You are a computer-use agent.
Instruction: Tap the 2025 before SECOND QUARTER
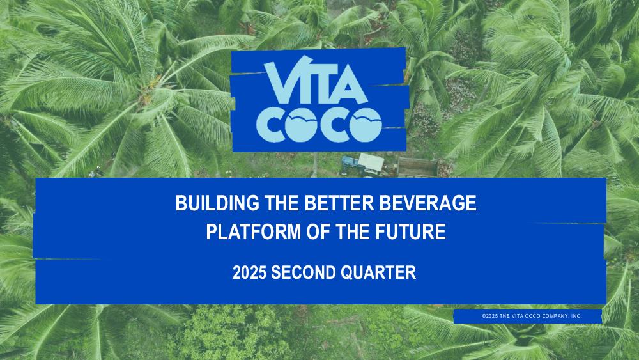[249, 272]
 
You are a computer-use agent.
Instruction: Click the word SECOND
[304, 272]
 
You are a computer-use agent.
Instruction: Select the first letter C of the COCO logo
[271, 125]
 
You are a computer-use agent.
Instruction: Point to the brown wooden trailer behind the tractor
[417, 167]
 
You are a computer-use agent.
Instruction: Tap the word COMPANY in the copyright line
[555, 316]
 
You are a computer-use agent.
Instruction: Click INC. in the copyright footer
[576, 316]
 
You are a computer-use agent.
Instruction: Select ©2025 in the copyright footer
[490, 316]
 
